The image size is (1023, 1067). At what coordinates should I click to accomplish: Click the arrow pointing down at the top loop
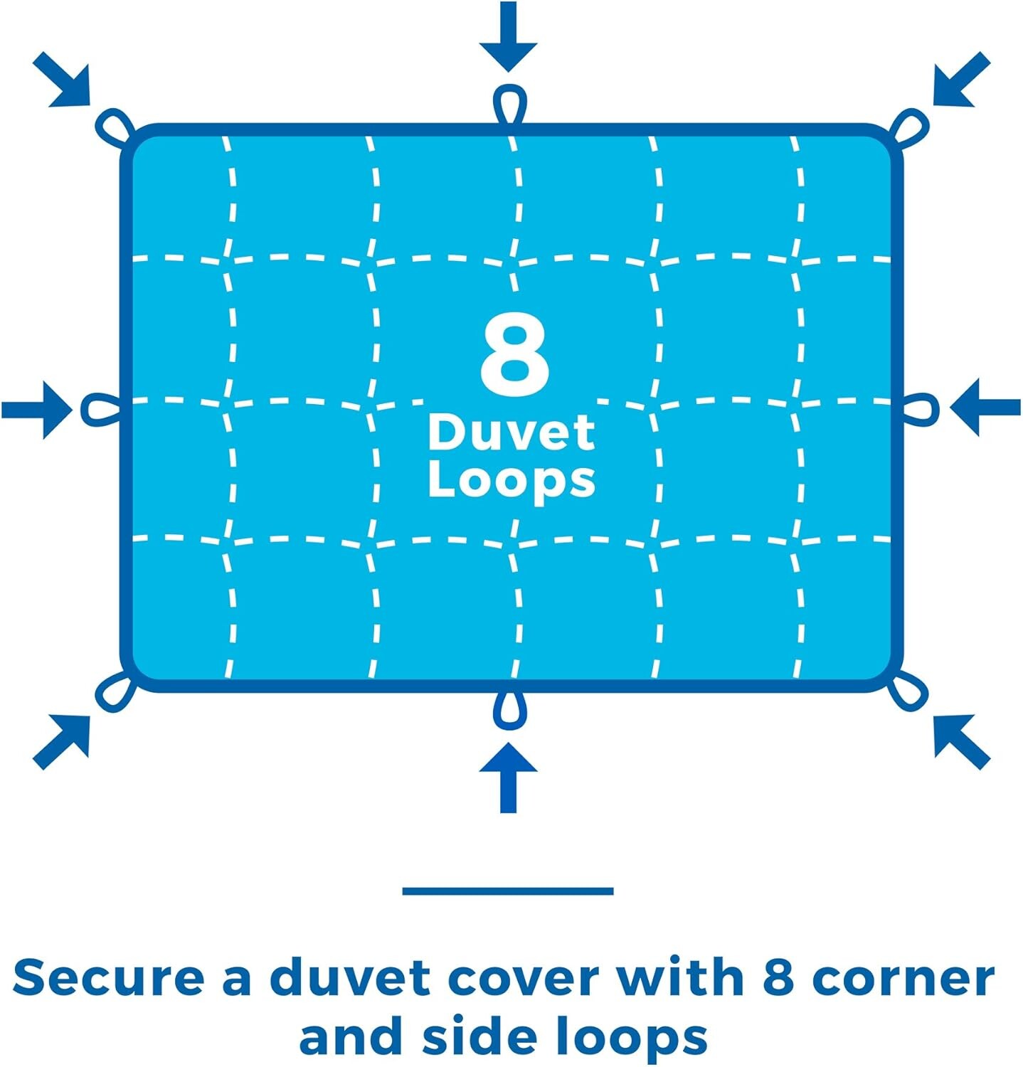pos(508,36)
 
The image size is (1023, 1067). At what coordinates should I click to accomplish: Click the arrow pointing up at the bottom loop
pos(508,777)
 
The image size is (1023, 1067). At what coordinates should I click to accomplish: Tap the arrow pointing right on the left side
pos(37,409)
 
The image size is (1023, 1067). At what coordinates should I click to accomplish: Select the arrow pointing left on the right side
pos(985,408)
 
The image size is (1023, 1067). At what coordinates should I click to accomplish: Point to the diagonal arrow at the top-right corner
pos(962,79)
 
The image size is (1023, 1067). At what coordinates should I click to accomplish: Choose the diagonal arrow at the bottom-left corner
pos(62,742)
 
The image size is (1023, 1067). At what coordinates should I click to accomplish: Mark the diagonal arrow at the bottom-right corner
pos(962,742)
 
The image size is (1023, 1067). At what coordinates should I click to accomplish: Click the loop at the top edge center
pos(510,105)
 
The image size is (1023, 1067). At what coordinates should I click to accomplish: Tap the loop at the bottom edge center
pos(510,709)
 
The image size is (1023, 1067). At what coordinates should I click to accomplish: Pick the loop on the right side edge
pos(921,409)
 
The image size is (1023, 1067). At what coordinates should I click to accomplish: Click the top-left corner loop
pos(115,129)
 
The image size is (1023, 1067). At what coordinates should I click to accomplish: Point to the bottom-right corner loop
pos(908,689)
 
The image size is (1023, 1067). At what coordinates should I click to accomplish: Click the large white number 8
pos(515,354)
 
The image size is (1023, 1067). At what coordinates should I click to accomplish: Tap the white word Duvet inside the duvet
pos(511,432)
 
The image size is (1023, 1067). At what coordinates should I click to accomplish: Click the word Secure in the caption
pos(109,977)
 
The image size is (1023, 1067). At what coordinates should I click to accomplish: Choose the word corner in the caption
pos(903,978)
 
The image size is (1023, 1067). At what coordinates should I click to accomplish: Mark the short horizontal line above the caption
pos(508,891)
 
